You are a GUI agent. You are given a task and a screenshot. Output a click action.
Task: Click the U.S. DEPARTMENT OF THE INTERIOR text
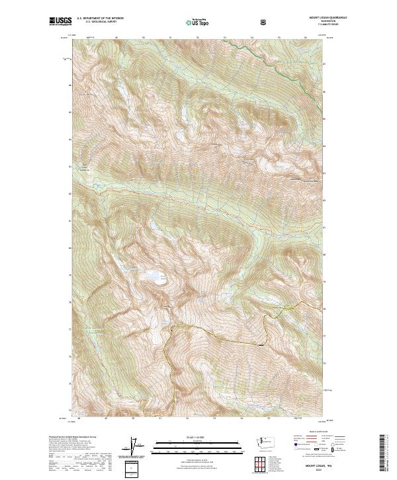point(101,19)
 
